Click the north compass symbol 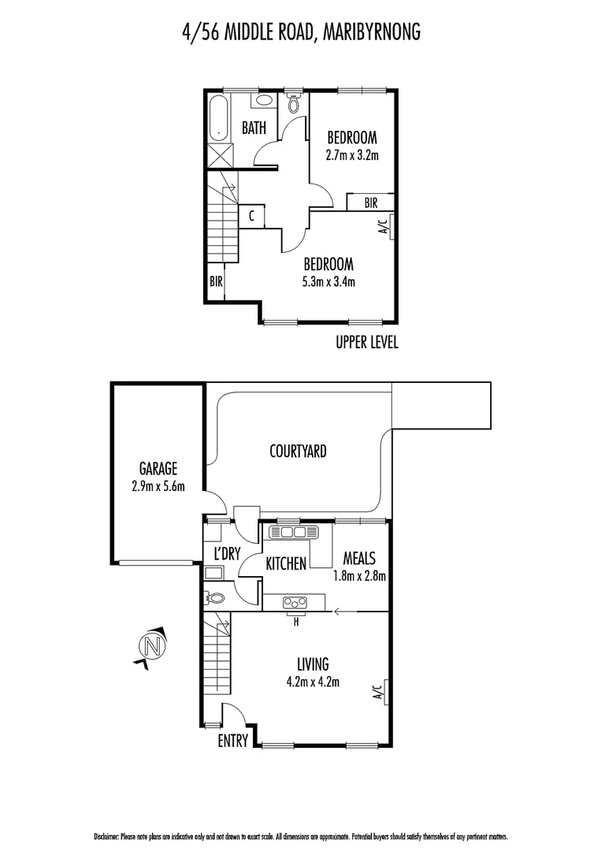coord(154,647)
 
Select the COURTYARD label coord(298,452)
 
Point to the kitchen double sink coord(289,533)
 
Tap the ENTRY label coord(233,741)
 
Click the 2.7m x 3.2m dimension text coord(352,154)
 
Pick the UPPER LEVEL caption coord(367,343)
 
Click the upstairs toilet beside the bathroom coord(294,103)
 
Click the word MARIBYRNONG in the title coord(369,32)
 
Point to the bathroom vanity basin coord(263,101)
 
